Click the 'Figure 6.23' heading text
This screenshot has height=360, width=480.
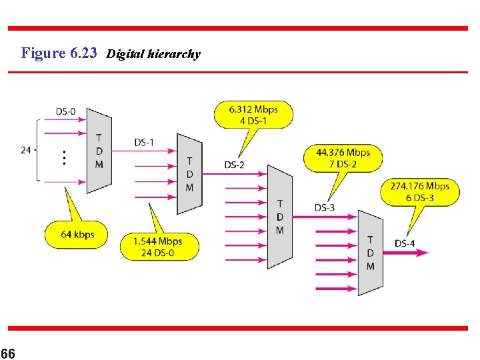59,53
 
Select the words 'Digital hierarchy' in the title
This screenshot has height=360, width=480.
153,54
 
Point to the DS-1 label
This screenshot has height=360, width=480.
144,142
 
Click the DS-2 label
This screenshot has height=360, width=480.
235,165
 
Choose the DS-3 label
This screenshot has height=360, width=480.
325,207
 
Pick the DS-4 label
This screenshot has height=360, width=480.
405,243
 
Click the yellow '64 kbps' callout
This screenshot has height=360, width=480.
78,235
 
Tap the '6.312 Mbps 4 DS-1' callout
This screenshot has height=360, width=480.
253,114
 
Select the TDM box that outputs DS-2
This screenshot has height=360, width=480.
189,174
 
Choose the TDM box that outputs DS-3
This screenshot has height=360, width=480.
279,217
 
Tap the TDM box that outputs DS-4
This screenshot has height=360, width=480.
370,253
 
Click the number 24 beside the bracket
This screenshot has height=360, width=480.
26,150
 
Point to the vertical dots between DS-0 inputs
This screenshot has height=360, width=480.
64,157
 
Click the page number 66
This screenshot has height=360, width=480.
8,353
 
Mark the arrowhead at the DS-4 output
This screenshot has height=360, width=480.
425,253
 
